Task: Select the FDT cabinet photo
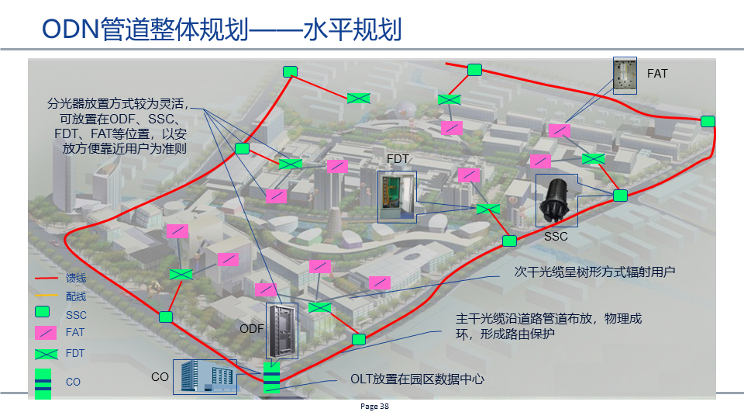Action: pyautogui.click(x=397, y=196)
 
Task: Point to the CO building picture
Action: pyautogui.click(x=205, y=376)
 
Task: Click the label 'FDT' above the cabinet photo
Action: pyautogui.click(x=398, y=159)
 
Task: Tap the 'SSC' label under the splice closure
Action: pyautogui.click(x=556, y=236)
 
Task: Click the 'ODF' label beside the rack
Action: pyautogui.click(x=252, y=329)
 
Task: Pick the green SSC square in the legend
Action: pyautogui.click(x=43, y=313)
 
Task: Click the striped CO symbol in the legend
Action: pyautogui.click(x=43, y=383)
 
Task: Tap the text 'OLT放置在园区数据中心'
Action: pyautogui.click(x=417, y=379)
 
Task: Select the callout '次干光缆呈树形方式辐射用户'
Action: pyautogui.click(x=594, y=272)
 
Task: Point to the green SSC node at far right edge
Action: pyautogui.click(x=708, y=121)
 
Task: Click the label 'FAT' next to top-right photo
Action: pyautogui.click(x=657, y=74)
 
